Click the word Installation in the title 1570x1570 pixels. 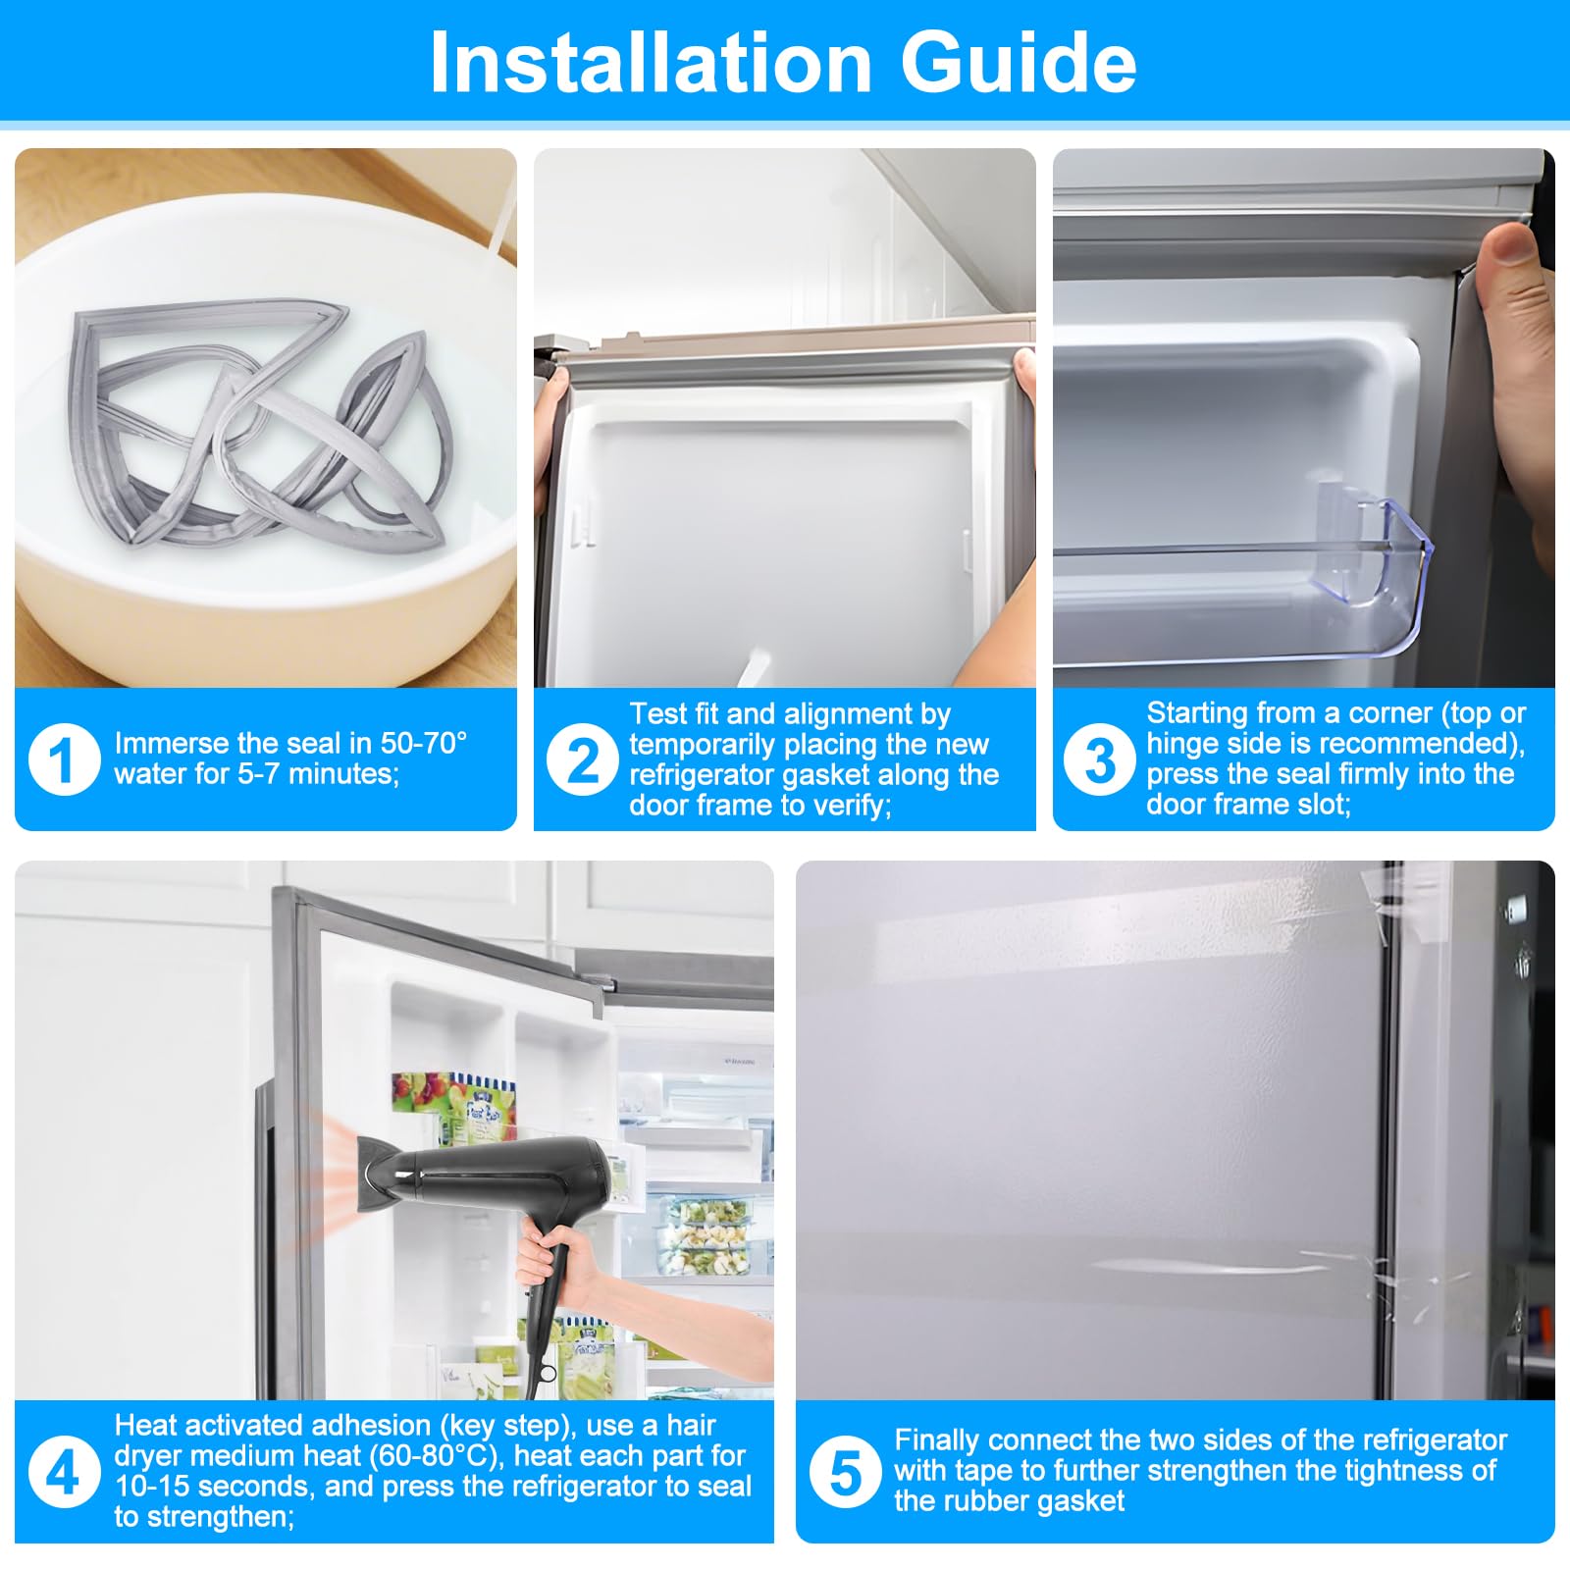click(651, 63)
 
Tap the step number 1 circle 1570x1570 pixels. click(64, 759)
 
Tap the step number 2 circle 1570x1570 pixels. click(582, 759)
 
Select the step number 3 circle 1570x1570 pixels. click(1100, 759)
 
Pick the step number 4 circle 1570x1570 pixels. click(64, 1472)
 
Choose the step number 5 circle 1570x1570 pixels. click(845, 1472)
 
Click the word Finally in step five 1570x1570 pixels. click(938, 1439)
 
